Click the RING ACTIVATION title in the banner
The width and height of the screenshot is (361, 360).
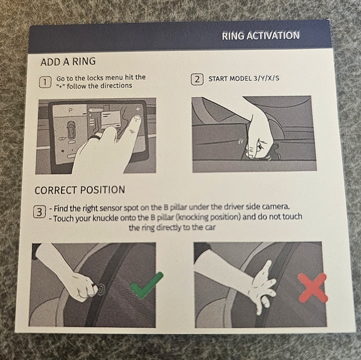(261, 36)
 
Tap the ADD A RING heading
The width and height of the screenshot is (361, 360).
(68, 62)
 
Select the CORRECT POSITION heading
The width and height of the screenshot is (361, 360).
(80, 190)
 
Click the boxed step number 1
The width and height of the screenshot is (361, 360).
(45, 82)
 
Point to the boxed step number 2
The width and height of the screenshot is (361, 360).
(197, 80)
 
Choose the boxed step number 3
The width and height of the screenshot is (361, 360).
(39, 212)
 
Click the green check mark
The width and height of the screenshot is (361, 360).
(146, 285)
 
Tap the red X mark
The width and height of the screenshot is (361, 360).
(312, 287)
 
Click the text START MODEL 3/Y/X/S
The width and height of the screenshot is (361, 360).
(243, 79)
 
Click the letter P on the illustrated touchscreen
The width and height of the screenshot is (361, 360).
(70, 111)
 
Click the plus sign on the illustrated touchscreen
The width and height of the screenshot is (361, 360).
(138, 109)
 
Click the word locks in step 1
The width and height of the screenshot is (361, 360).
(95, 78)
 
